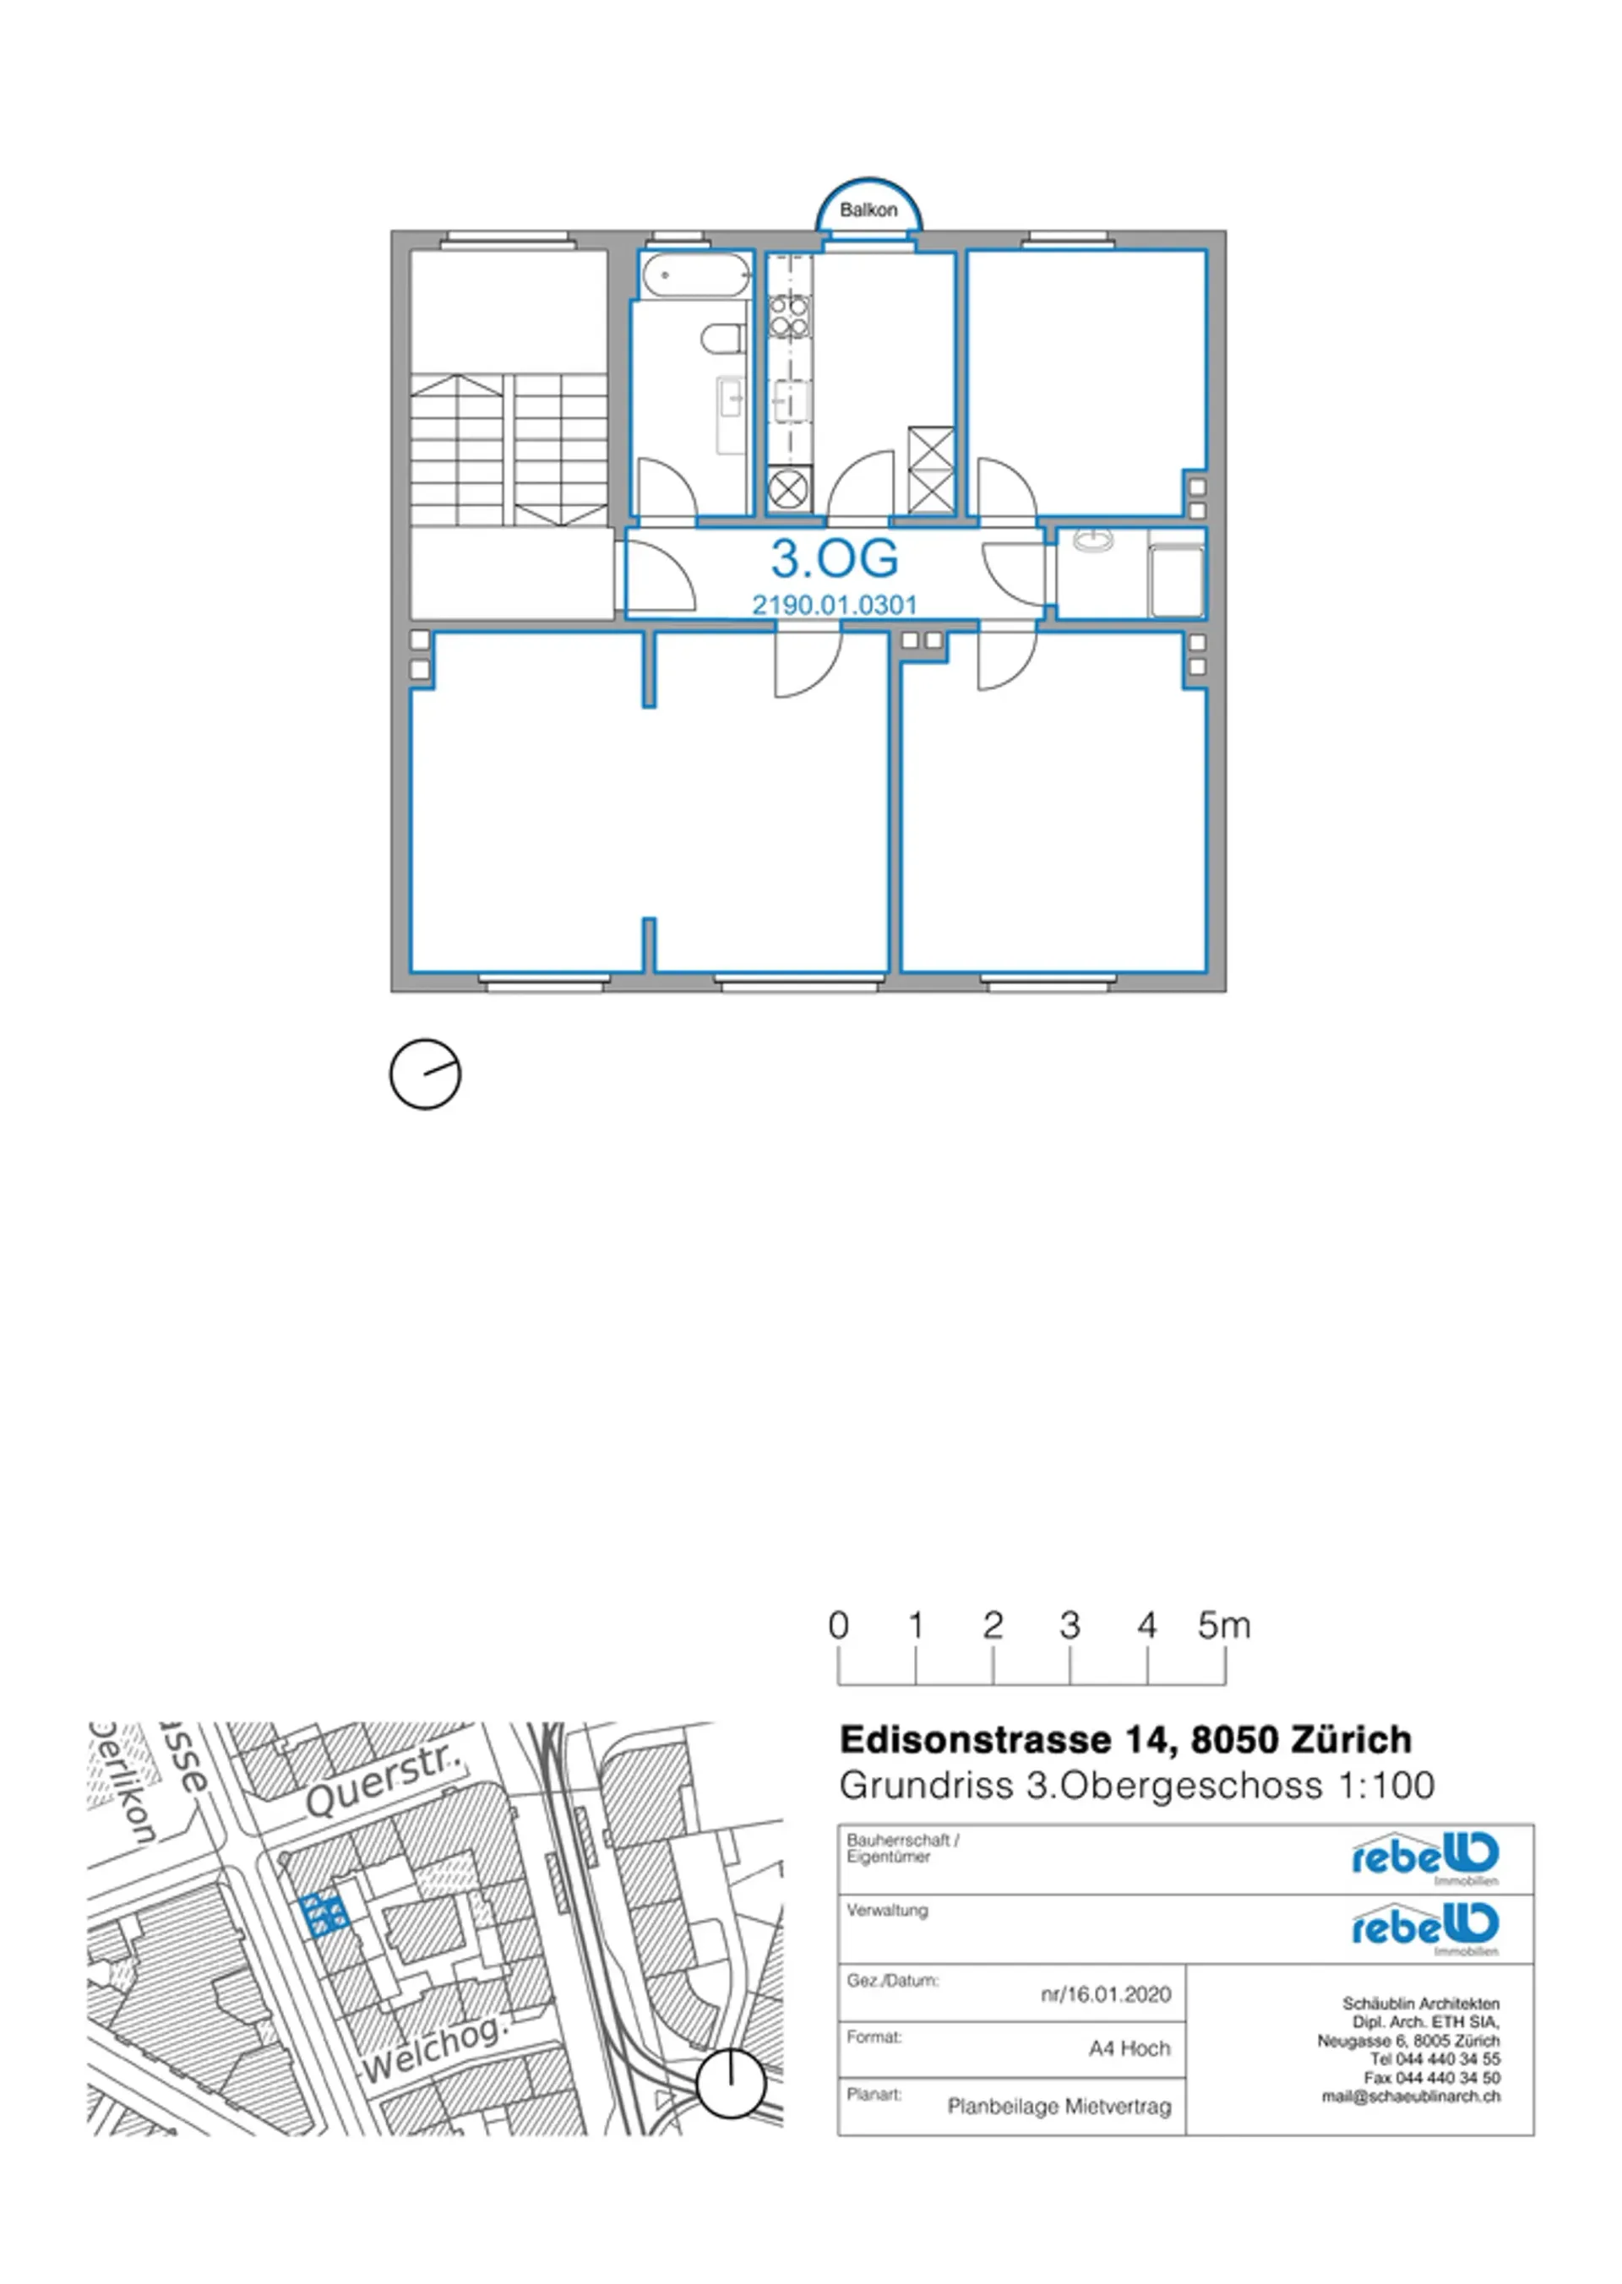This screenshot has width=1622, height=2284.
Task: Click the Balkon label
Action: click(868, 209)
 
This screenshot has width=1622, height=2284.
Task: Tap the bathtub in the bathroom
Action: click(695, 275)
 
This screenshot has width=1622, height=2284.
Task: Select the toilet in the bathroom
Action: click(724, 338)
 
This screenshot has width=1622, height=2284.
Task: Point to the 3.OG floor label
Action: click(834, 558)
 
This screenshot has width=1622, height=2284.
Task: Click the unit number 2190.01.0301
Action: click(834, 604)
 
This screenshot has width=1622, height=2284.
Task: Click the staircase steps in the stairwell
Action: click(509, 450)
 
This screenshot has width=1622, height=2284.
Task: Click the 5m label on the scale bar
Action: click(1223, 1625)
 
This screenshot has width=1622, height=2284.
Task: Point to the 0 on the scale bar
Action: click(838, 1626)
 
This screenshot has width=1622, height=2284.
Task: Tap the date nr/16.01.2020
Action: click(1106, 1994)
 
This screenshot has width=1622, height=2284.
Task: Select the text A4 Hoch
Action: click(1129, 2048)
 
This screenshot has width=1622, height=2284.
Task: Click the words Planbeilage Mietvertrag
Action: click(1059, 2107)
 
